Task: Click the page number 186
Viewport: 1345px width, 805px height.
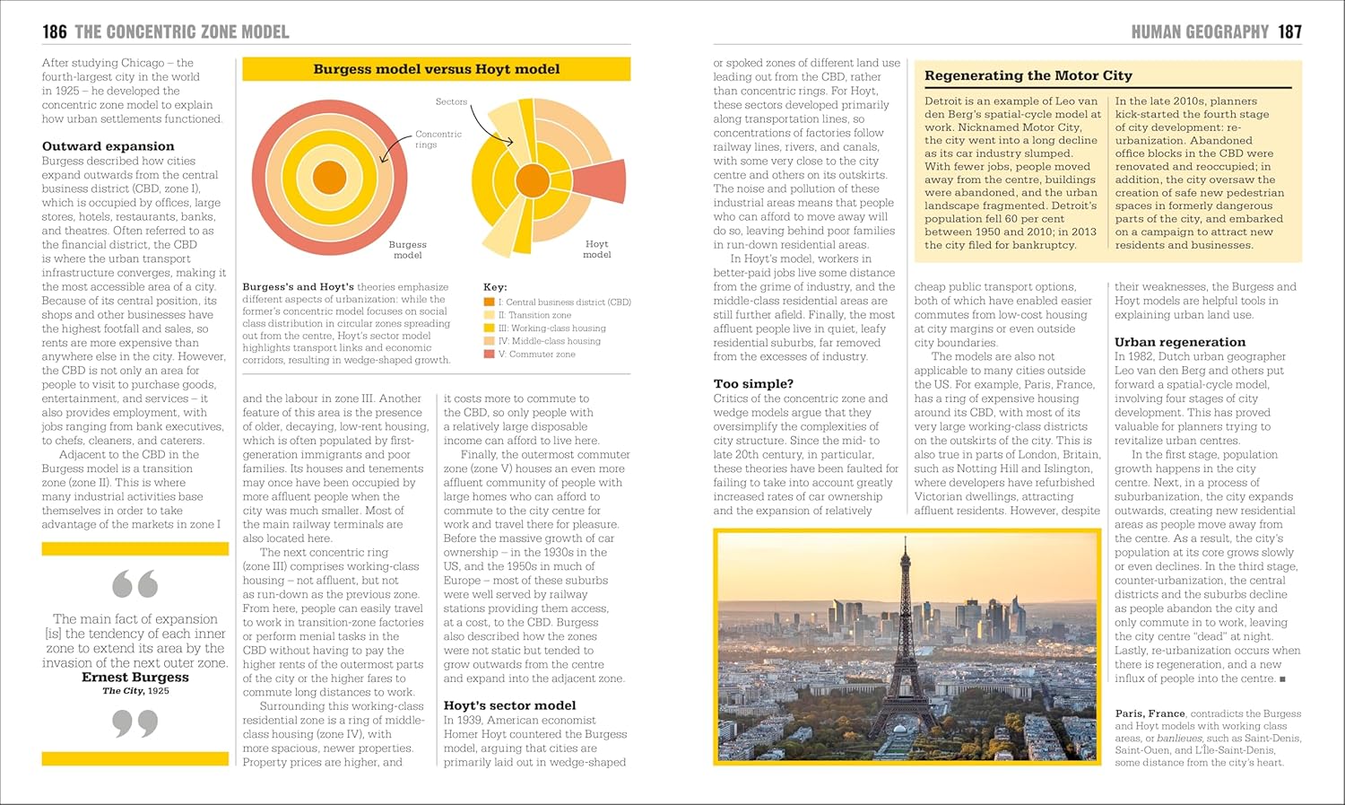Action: (55, 32)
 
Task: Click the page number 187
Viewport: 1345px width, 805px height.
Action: (1289, 32)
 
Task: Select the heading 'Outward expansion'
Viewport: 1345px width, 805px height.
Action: (108, 146)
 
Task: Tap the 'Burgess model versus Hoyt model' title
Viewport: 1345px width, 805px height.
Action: (436, 69)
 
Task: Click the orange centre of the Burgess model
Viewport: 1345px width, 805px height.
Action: (330, 178)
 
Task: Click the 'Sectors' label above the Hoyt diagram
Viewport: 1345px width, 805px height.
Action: (451, 101)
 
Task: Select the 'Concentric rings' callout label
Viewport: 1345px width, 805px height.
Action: (438, 139)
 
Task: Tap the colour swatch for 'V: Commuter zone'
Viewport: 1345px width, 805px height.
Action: (489, 354)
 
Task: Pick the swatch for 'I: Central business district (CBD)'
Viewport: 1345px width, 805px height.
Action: (489, 302)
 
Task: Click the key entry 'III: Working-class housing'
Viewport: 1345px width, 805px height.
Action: (551, 328)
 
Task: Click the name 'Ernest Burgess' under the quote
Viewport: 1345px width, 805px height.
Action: (135, 678)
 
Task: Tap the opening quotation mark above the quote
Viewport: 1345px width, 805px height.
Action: (134, 584)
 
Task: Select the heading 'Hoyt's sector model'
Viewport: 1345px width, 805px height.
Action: (509, 705)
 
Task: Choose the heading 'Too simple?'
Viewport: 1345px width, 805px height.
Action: (753, 384)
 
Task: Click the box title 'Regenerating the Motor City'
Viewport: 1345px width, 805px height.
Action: (1028, 76)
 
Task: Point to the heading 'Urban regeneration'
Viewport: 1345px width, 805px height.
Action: (1179, 342)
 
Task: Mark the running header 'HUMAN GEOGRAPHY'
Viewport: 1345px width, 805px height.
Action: (1200, 32)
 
